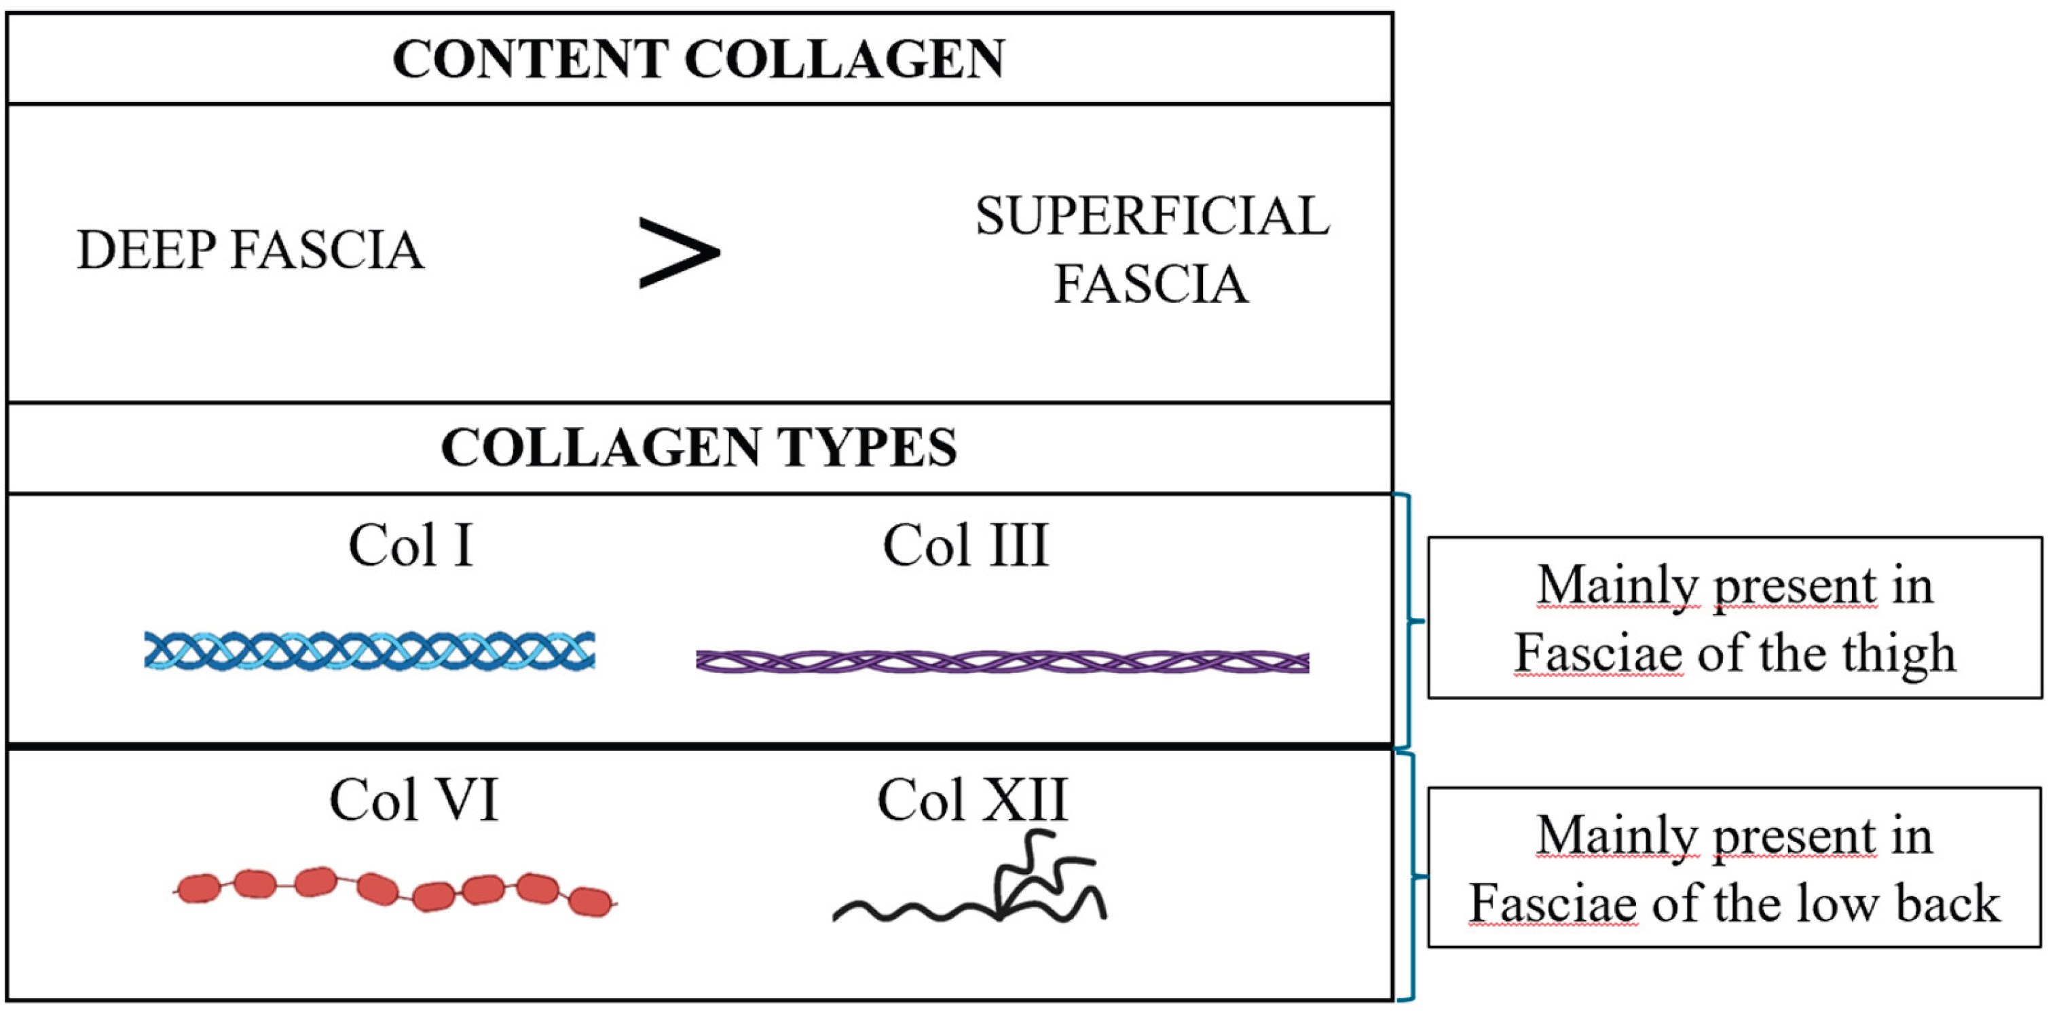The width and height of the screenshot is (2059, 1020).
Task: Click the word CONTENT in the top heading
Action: pyautogui.click(x=528, y=59)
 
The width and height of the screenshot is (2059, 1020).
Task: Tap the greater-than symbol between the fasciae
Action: pyautogui.click(x=679, y=252)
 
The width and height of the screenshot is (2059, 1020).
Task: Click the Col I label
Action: pyautogui.click(x=411, y=546)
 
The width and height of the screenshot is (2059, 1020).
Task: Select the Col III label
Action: pyautogui.click(x=965, y=546)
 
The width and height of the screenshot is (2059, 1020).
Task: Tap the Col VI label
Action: pyautogui.click(x=414, y=800)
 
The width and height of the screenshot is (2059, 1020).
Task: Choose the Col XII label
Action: pyautogui.click(x=972, y=800)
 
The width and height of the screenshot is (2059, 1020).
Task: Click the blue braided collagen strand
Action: pyautogui.click(x=369, y=651)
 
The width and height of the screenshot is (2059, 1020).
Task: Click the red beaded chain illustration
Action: pyautogui.click(x=396, y=890)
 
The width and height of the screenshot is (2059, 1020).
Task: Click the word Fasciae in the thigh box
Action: pyautogui.click(x=1599, y=654)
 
